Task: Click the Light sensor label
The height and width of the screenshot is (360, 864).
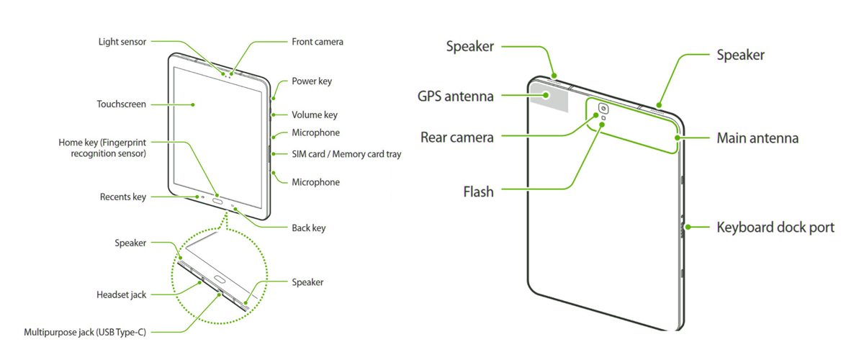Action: click(x=122, y=42)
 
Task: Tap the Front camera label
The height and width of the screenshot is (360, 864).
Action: click(x=318, y=42)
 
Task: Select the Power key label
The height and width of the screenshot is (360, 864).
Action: click(x=312, y=81)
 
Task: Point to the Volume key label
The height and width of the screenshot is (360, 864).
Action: click(x=315, y=114)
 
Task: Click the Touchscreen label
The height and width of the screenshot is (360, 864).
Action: click(x=122, y=104)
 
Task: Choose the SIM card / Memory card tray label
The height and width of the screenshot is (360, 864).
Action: click(x=346, y=154)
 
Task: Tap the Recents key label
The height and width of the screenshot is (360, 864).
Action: click(x=123, y=197)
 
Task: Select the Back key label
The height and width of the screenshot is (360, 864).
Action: click(x=309, y=228)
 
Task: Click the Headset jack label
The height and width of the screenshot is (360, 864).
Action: click(x=122, y=294)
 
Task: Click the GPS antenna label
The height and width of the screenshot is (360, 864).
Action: click(x=456, y=96)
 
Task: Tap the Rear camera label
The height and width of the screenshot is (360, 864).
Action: click(x=457, y=137)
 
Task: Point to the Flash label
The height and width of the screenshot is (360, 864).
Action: click(x=478, y=192)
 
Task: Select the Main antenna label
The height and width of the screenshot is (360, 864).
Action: click(x=757, y=138)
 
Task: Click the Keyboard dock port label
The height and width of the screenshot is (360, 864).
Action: click(x=775, y=228)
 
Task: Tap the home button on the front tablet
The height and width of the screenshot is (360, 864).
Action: click(x=218, y=202)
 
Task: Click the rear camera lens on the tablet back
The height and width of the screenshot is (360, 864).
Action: click(x=602, y=109)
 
